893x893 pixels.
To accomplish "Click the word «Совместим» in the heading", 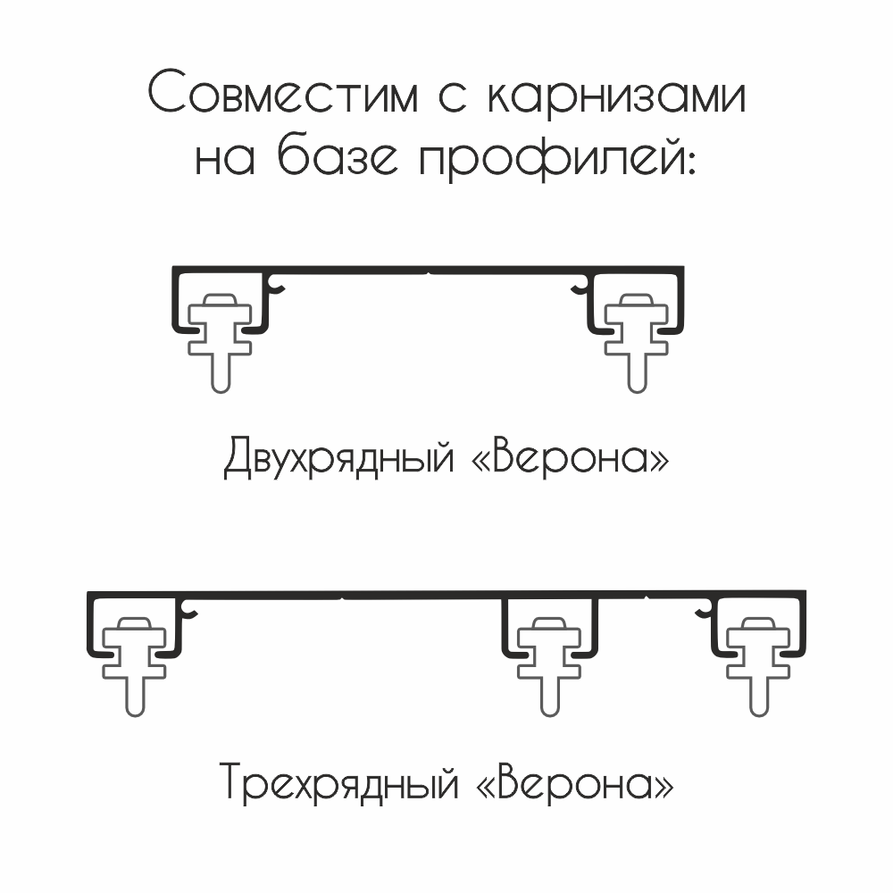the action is [283, 91].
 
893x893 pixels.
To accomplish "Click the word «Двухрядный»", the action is [338, 456].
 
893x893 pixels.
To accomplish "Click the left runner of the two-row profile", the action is [220, 344].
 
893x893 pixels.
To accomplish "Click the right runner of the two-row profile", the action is [637, 344].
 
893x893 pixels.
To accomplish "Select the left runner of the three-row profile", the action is [135, 667].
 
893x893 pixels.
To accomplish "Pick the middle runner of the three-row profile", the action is [549, 667].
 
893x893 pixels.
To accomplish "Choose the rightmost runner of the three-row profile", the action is [758, 667].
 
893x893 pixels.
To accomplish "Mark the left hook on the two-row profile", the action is [278, 285].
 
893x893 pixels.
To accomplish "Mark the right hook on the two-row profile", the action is [580, 285].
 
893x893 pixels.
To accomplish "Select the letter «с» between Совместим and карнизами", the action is [452, 96].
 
